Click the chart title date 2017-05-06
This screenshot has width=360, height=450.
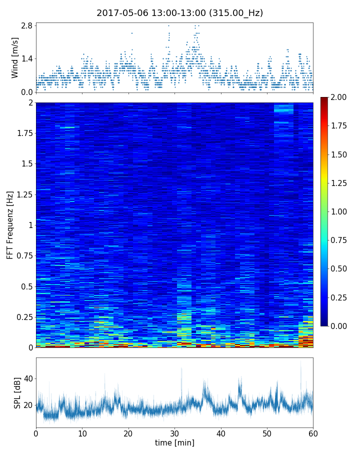pyautogui.click(x=121, y=13)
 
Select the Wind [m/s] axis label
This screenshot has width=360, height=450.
pyautogui.click(x=15, y=57)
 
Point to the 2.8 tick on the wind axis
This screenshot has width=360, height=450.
pyautogui.click(x=26, y=25)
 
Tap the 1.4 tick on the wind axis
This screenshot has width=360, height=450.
pyautogui.click(x=26, y=58)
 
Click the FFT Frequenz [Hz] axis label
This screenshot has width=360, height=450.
pyautogui.click(x=10, y=224)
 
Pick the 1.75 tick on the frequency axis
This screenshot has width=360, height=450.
pyautogui.click(x=23, y=133)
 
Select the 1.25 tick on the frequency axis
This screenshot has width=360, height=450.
pyautogui.click(x=23, y=194)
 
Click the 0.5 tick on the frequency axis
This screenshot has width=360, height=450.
pyautogui.click(x=25, y=286)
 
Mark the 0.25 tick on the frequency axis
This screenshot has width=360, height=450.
pyautogui.click(x=23, y=317)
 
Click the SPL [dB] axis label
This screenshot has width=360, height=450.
pyautogui.click(x=17, y=392)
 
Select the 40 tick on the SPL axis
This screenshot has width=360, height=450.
pyautogui.click(x=28, y=378)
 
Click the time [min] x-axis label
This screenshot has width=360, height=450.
pyautogui.click(x=174, y=443)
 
